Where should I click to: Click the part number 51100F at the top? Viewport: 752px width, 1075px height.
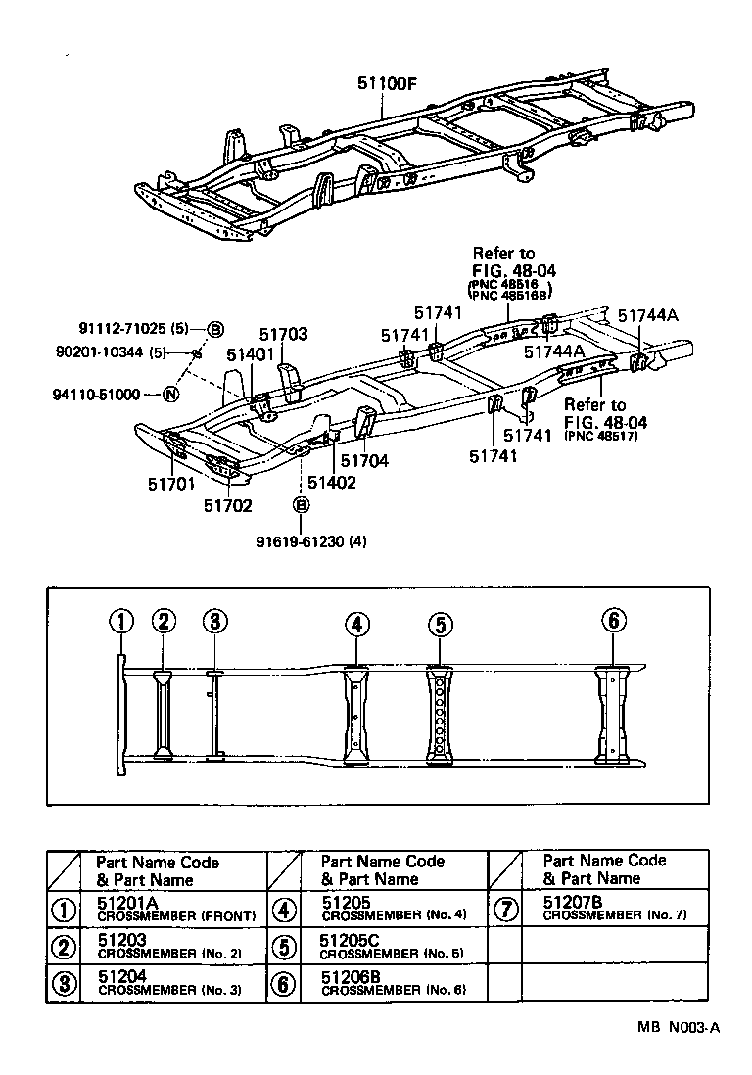(x=386, y=83)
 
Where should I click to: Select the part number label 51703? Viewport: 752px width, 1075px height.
(x=284, y=335)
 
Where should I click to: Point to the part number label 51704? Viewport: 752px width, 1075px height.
(x=364, y=459)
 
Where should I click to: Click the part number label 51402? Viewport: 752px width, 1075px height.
(x=331, y=482)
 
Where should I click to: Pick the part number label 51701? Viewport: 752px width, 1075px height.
(x=172, y=482)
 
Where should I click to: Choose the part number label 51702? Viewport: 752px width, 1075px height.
(x=228, y=505)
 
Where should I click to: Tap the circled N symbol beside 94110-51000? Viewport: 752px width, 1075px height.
(x=170, y=395)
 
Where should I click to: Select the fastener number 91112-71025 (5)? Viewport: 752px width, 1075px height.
(x=134, y=329)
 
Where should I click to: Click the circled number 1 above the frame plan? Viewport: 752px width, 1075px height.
(x=120, y=621)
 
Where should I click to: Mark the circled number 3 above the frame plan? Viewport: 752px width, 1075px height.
(x=215, y=621)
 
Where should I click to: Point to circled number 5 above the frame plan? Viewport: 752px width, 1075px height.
(x=441, y=623)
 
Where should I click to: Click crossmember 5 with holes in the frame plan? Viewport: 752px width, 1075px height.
(x=441, y=715)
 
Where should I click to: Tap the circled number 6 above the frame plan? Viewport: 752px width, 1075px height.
(x=613, y=621)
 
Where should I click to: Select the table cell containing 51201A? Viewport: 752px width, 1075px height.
(x=177, y=909)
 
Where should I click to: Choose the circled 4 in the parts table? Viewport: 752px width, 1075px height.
(x=283, y=909)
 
